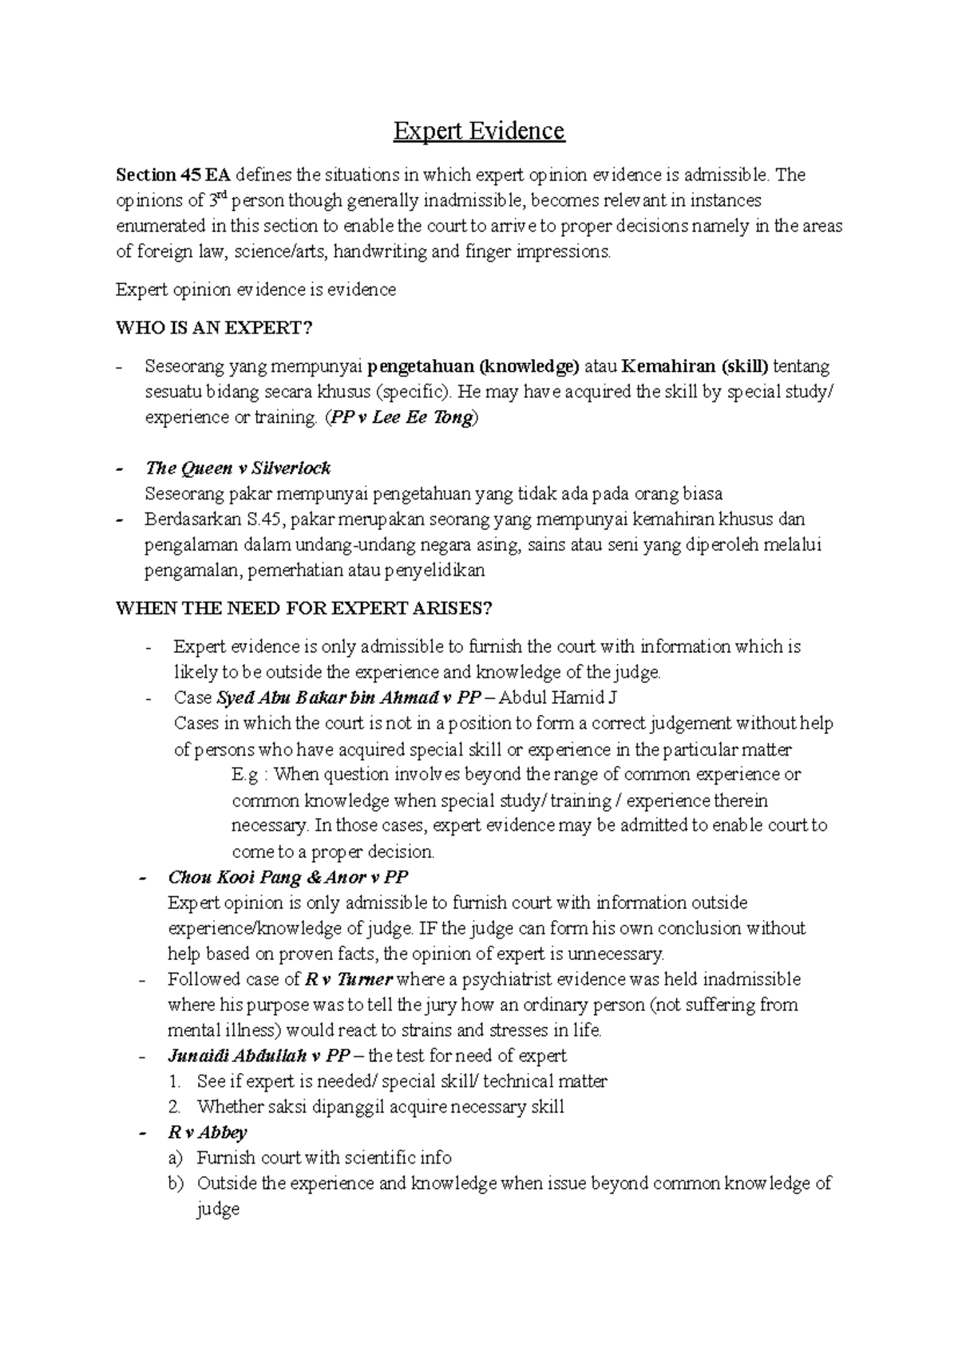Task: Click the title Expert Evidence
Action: (x=478, y=131)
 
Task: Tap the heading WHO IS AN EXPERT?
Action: (x=215, y=328)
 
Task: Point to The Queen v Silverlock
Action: (x=237, y=468)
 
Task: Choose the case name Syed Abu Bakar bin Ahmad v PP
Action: (x=348, y=698)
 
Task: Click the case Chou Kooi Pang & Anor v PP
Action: (x=287, y=878)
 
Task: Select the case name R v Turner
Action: (x=349, y=979)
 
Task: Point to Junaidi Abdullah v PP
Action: (x=259, y=1056)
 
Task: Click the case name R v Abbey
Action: (x=207, y=1132)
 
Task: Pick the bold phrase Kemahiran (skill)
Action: (x=695, y=367)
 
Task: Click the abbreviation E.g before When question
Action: (x=245, y=775)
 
